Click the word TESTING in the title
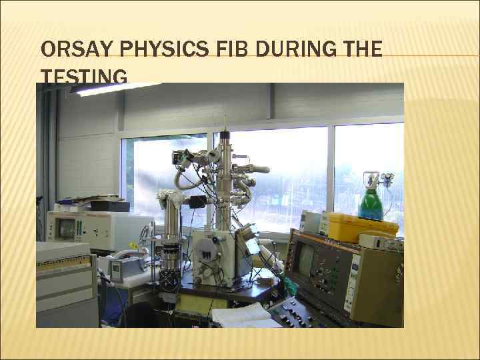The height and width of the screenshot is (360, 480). [83, 79]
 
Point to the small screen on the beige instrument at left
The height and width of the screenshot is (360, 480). [65, 229]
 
